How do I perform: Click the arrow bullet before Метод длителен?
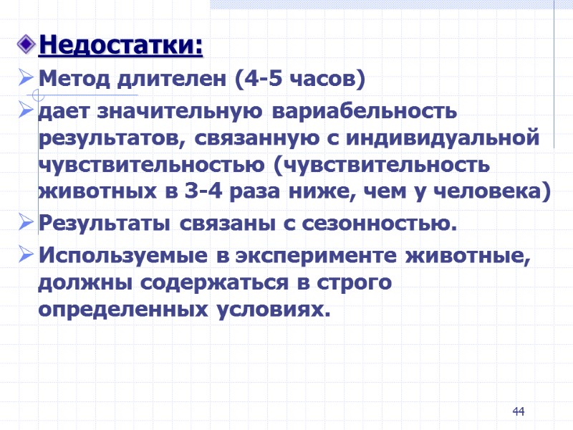pyautogui.click(x=25, y=77)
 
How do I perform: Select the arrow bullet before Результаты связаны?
pyautogui.click(x=25, y=224)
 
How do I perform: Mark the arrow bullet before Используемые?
pyautogui.click(x=25, y=255)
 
